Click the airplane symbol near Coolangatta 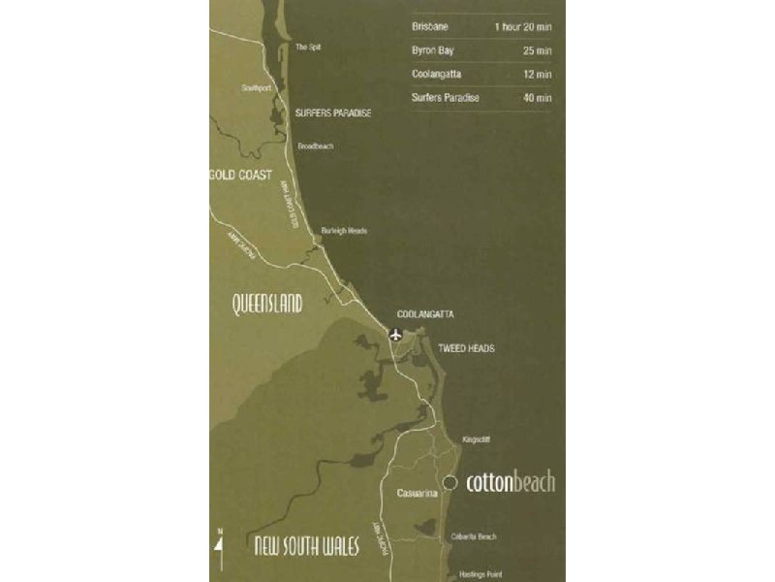[x=395, y=336]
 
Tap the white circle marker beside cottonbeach [x=449, y=482]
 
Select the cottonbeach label [x=511, y=482]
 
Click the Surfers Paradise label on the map [x=333, y=113]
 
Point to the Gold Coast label [x=239, y=177]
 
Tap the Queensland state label [x=267, y=305]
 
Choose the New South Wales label [x=306, y=546]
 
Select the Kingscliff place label [x=477, y=439]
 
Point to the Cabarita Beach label [x=474, y=537]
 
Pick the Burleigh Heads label [x=344, y=231]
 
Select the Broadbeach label [x=315, y=145]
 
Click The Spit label [x=308, y=47]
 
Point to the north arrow [x=219, y=551]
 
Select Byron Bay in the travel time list [x=432, y=49]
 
